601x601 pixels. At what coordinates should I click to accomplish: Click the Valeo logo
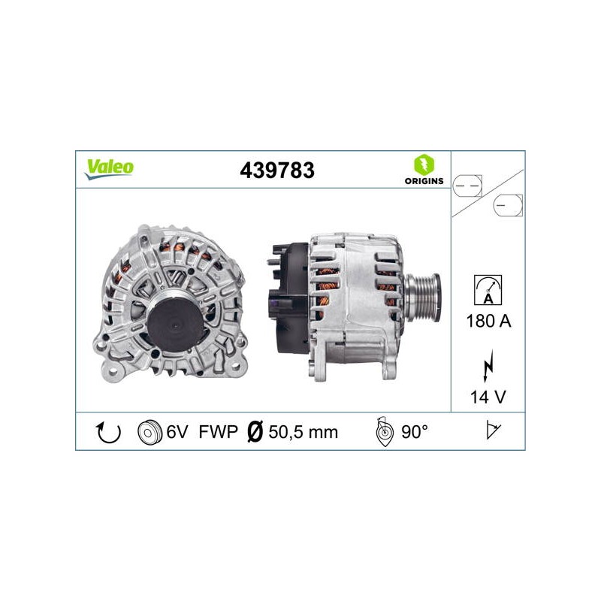tap(109, 169)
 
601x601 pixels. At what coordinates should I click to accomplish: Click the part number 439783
tap(277, 171)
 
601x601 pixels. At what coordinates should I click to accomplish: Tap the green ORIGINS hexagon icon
tap(424, 165)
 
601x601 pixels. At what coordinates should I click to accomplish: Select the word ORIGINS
tap(424, 181)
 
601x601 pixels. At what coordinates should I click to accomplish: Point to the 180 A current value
tap(488, 321)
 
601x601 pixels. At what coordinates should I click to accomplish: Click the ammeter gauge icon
tap(488, 290)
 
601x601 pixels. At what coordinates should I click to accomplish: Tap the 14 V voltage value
tap(488, 397)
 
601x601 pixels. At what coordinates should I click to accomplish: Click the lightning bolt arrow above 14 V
tap(488, 366)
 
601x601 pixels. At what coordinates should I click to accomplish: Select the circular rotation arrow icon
tap(108, 433)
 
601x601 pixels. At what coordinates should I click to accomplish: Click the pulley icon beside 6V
tap(149, 433)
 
